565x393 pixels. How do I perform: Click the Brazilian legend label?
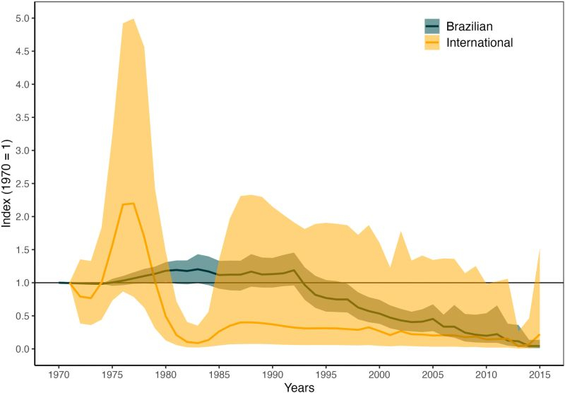[469, 26]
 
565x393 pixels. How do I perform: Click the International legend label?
[480, 42]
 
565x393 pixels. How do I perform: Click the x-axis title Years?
[299, 386]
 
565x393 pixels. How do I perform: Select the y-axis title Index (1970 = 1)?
[8, 184]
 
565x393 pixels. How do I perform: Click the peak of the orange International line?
[133, 204]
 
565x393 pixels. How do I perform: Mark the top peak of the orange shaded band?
[133, 19]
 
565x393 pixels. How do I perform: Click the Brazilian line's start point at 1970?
[59, 283]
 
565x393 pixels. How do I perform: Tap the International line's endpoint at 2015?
[540, 334]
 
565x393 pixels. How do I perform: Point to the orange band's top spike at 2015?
[540, 250]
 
